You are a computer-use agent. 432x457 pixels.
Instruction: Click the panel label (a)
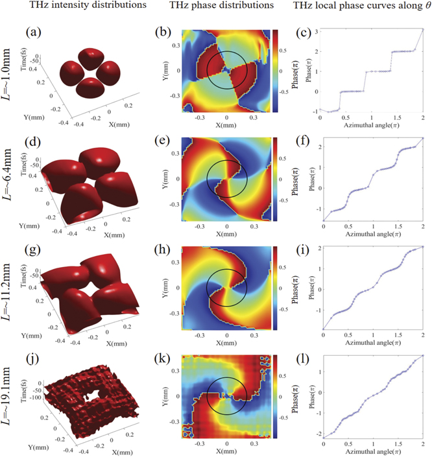click(x=36, y=32)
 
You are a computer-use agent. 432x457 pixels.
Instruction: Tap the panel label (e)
click(x=168, y=141)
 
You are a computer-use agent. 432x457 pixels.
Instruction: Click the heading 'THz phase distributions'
click(x=206, y=8)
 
